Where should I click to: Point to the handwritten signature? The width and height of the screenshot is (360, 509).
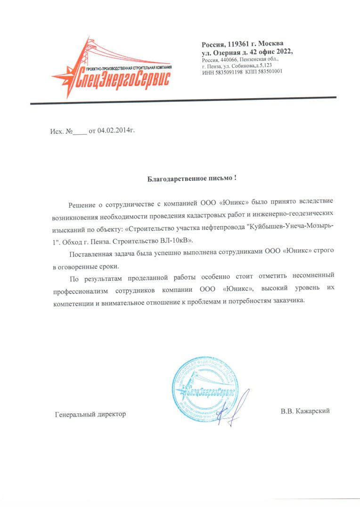point(235,407)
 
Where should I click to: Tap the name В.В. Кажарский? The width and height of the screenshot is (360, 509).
point(305,411)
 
